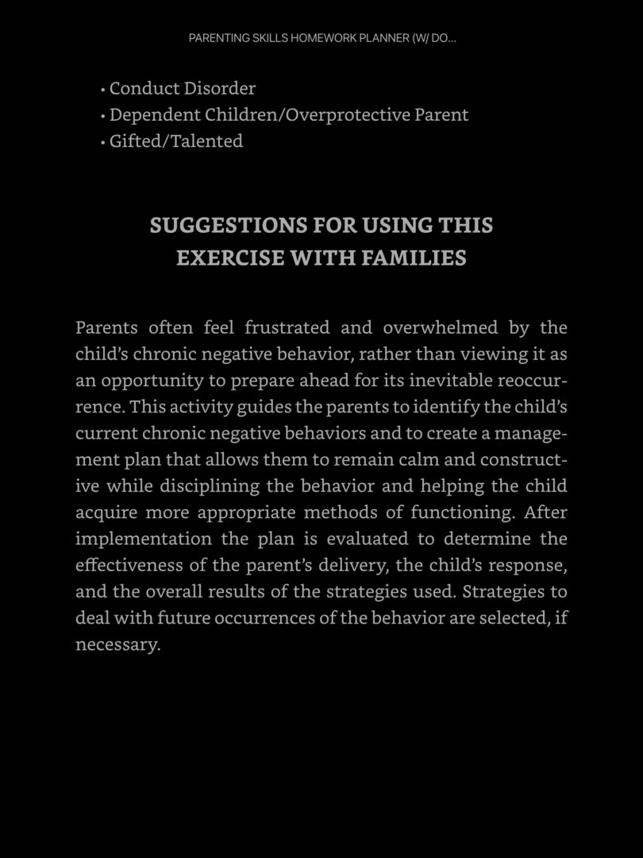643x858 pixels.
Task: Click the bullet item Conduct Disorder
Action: tap(182, 88)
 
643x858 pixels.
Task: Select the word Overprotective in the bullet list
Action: tap(346, 114)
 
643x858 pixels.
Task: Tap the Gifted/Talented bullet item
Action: tap(175, 141)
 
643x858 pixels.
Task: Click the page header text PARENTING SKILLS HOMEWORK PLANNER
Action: tap(321, 38)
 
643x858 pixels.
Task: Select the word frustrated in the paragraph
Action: tap(287, 327)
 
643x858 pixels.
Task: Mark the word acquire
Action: tap(105, 512)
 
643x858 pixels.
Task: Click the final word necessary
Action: tap(117, 644)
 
